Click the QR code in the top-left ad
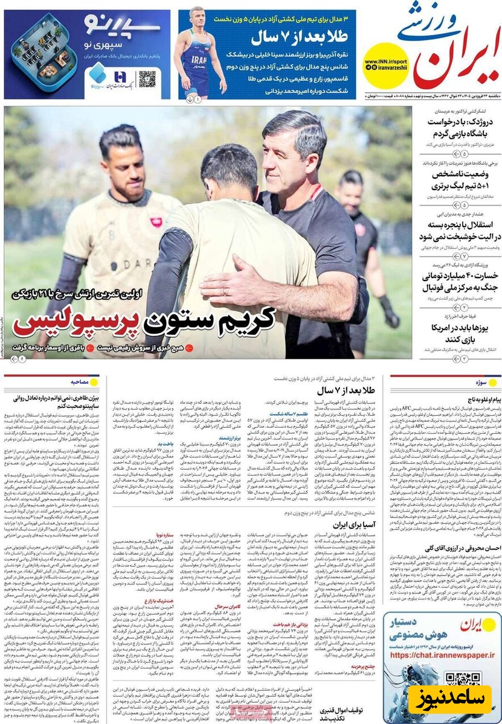[147, 78]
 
